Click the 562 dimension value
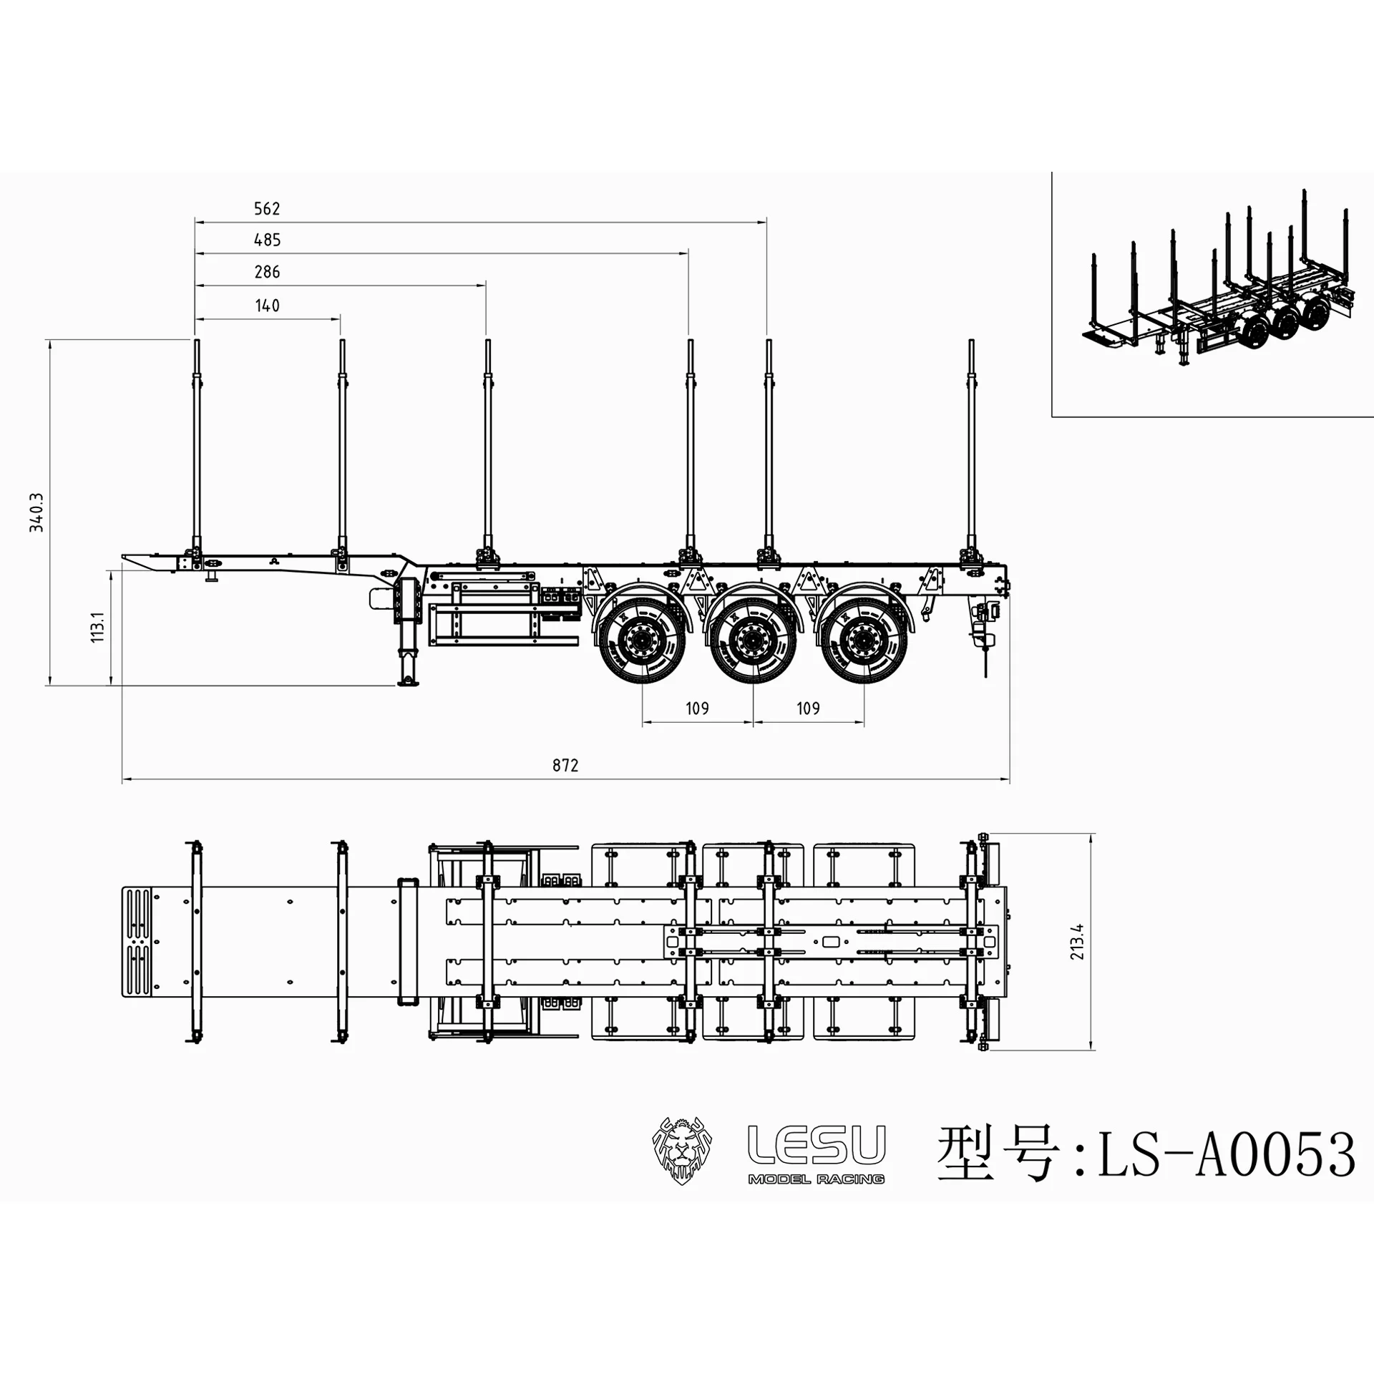[267, 209]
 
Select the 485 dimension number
[267, 240]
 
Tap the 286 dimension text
[267, 272]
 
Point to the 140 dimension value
[267, 306]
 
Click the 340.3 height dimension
[36, 512]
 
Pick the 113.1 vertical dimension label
[98, 627]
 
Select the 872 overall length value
[565, 766]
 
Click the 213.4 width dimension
[1078, 942]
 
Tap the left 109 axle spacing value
[697, 708]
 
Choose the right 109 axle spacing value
[808, 708]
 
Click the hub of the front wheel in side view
[642, 639]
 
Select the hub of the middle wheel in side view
[753, 639]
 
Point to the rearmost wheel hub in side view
[864, 639]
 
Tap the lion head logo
[681, 1153]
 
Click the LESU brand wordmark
[816, 1145]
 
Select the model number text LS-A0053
[1226, 1154]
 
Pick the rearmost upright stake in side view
[971, 444]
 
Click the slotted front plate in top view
[137, 942]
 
